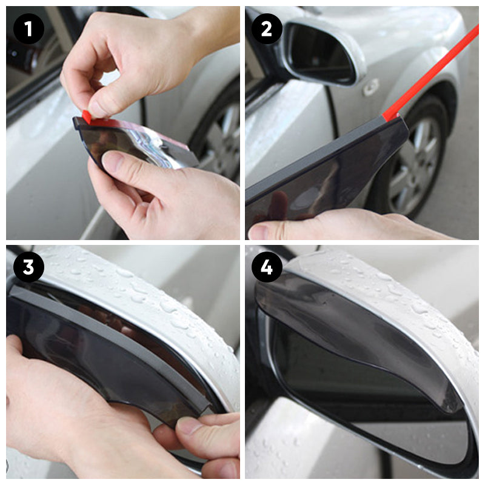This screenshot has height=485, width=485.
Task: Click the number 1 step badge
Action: pos(28,28)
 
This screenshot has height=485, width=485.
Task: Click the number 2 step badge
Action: pos(267,28)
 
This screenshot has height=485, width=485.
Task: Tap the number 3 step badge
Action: pos(28,267)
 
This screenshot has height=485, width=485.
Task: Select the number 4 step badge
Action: pos(267,267)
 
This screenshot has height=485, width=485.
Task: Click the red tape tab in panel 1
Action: pos(87,116)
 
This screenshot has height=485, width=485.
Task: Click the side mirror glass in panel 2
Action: pos(320,54)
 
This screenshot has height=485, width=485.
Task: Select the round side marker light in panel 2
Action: pos(370,87)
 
